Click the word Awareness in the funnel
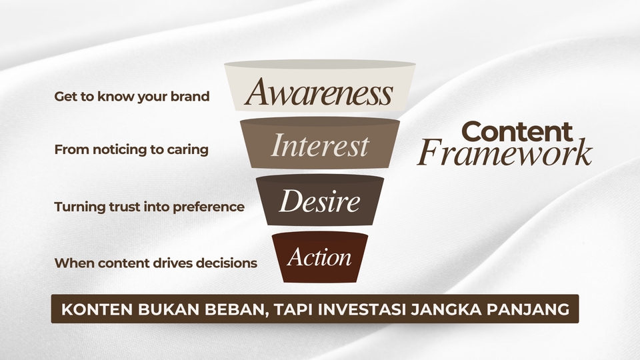click(319, 93)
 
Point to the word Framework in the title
click(505, 154)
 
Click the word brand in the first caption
click(193, 96)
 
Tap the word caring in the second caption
click(189, 149)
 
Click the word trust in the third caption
click(123, 207)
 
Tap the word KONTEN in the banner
click(91, 309)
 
